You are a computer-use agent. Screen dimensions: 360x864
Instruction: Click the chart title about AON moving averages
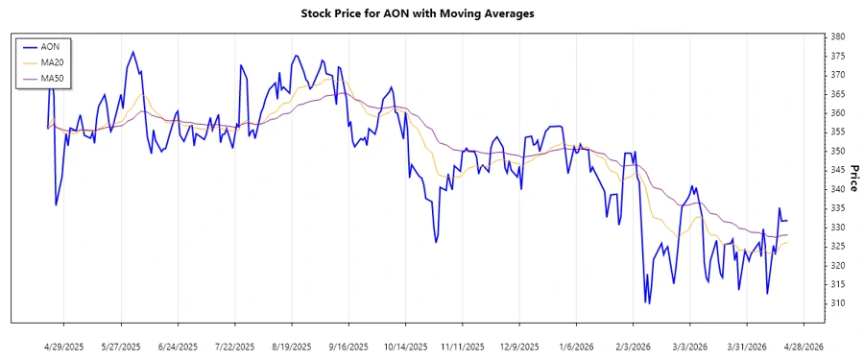click(431, 14)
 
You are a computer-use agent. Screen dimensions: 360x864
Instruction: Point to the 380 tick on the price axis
click(837, 36)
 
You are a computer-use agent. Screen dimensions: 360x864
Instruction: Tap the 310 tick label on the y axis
click(837, 303)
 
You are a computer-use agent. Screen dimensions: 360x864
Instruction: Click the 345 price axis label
click(837, 170)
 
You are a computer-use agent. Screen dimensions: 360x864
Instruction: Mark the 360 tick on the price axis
click(837, 113)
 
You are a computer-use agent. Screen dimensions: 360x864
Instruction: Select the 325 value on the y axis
click(837, 246)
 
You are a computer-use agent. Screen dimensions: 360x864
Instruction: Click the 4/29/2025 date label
click(65, 347)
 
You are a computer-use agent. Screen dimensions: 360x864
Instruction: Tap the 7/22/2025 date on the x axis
click(235, 347)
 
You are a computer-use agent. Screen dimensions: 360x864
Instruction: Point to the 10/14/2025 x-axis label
click(405, 347)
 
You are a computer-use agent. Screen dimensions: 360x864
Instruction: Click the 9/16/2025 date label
click(348, 347)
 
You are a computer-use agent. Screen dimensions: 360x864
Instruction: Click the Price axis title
click(853, 179)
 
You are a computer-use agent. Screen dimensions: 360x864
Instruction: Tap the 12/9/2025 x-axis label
click(518, 347)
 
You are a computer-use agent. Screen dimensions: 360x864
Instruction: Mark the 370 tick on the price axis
click(837, 75)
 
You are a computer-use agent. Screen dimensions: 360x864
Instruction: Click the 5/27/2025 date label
click(122, 347)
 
